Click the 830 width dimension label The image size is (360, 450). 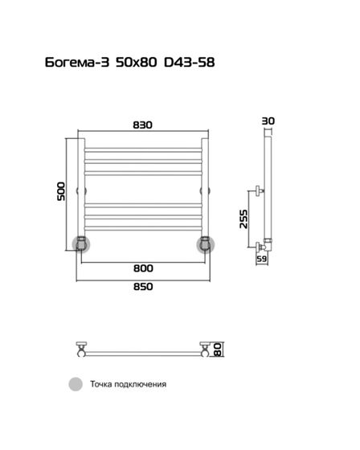pyautogui.click(x=143, y=125)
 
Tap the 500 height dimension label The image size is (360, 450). pyautogui.click(x=61, y=191)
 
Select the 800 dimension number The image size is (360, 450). pyautogui.click(x=143, y=268)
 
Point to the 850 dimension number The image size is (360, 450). pyautogui.click(x=143, y=287)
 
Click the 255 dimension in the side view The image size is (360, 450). pyautogui.click(x=243, y=219)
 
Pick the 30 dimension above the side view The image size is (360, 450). pyautogui.click(x=268, y=121)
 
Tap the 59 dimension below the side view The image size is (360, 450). pyautogui.click(x=261, y=259)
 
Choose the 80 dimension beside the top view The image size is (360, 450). pyautogui.click(x=219, y=350)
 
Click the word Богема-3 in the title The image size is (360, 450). pyautogui.click(x=77, y=63)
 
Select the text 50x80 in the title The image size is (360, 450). pyautogui.click(x=137, y=63)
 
